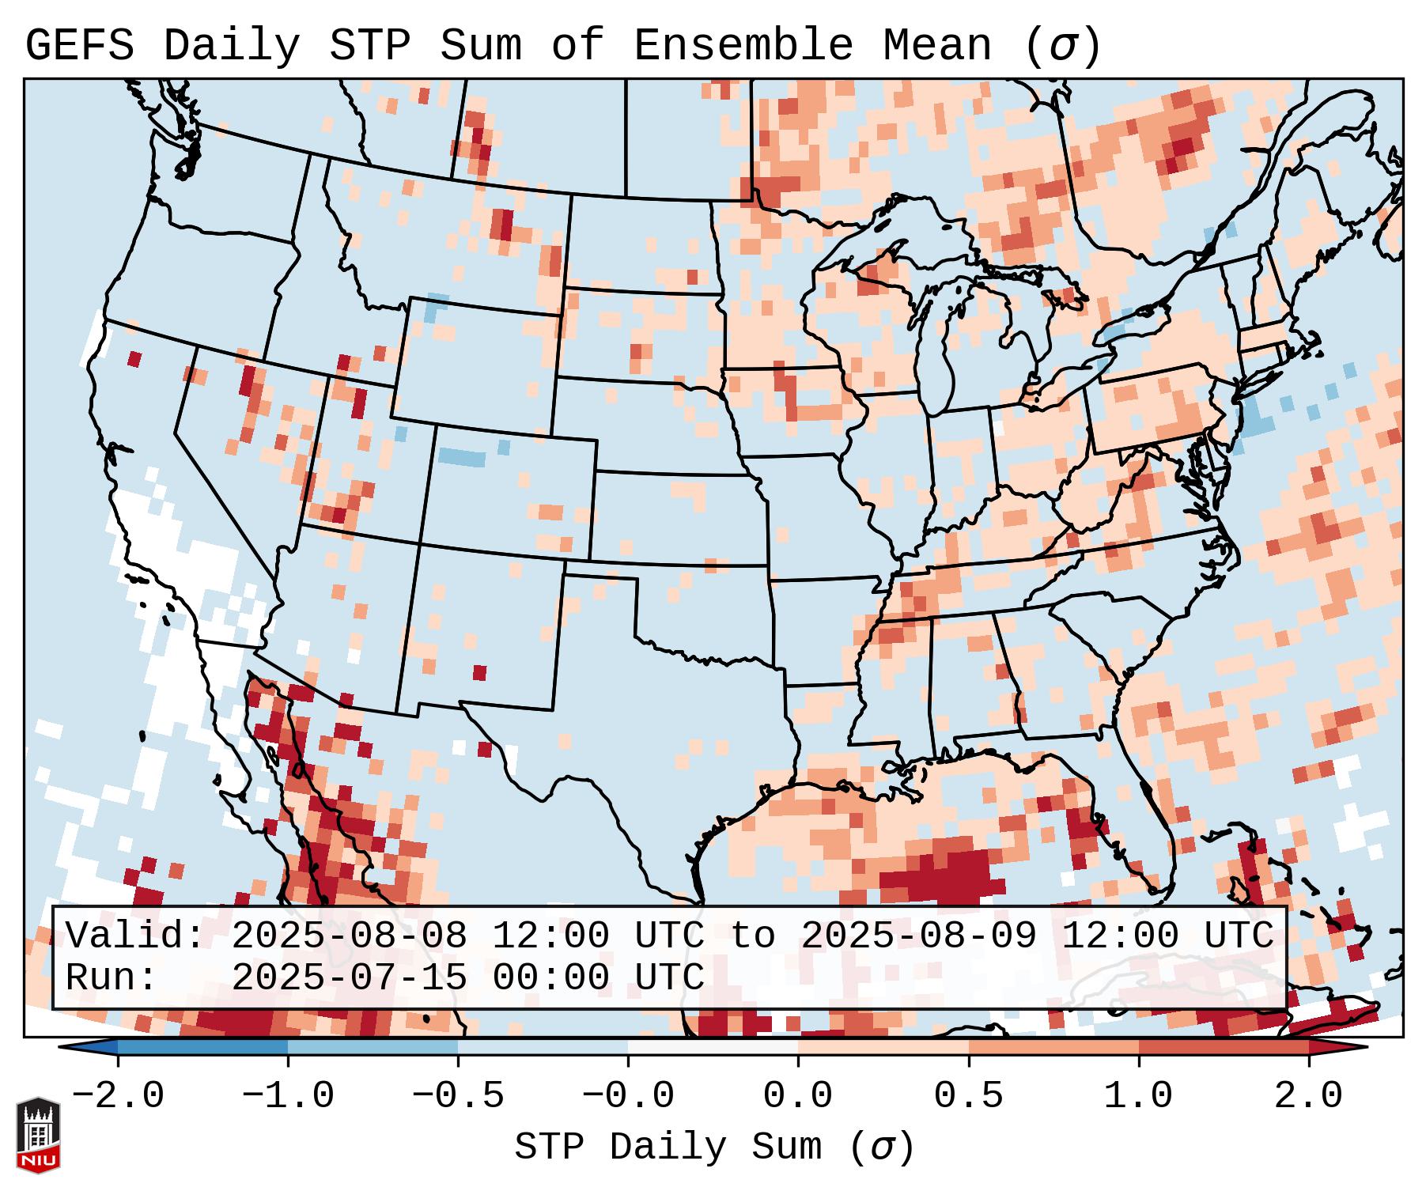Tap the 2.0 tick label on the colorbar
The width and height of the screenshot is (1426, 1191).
(x=1308, y=1096)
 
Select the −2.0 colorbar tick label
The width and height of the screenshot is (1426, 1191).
(x=118, y=1096)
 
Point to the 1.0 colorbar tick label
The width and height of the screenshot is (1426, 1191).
(x=1138, y=1096)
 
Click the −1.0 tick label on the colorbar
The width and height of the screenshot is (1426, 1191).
(x=288, y=1096)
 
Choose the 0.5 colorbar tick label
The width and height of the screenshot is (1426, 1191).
(x=968, y=1096)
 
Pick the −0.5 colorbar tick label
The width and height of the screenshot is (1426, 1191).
(x=458, y=1096)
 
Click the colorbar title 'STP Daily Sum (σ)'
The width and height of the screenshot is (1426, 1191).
(x=714, y=1148)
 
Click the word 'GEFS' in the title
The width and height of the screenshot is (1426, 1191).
(x=79, y=46)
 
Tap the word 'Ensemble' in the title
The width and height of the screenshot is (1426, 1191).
(x=743, y=46)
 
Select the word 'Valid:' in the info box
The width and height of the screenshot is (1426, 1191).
(x=135, y=936)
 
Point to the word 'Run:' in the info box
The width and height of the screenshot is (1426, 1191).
(x=112, y=977)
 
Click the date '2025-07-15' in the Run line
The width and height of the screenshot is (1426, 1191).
(x=349, y=977)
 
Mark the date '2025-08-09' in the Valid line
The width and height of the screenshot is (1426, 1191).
(x=919, y=936)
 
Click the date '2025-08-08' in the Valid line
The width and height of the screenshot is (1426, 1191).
(x=349, y=936)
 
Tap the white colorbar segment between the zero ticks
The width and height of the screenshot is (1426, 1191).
(x=713, y=1047)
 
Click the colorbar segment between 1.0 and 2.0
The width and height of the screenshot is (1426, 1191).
(x=1223, y=1047)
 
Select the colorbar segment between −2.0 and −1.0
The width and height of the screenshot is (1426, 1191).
(x=202, y=1047)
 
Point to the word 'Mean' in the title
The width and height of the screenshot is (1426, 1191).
(x=936, y=46)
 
